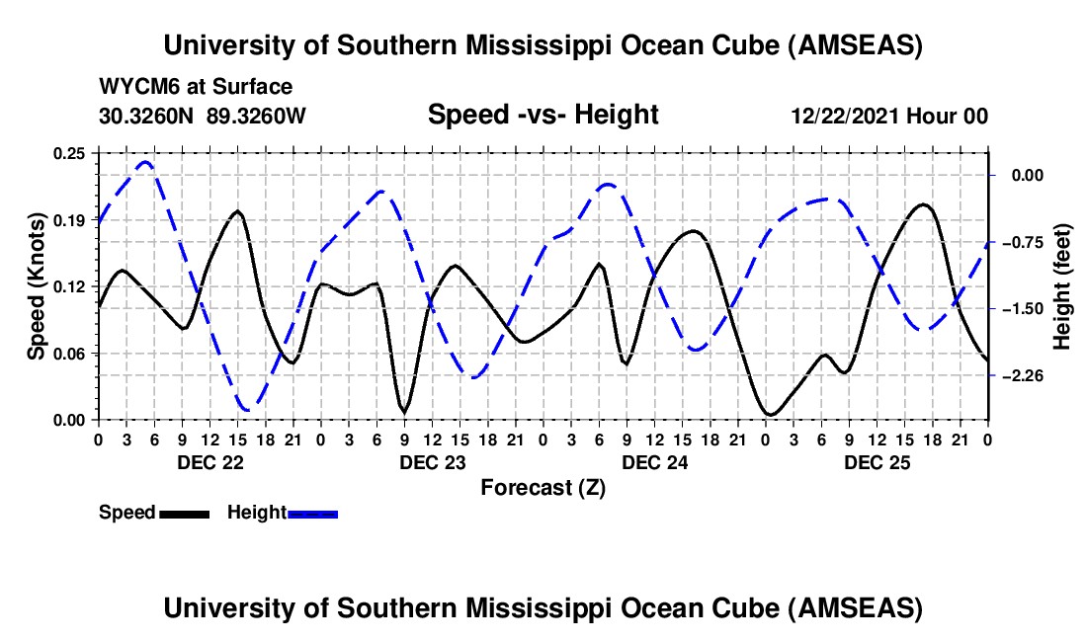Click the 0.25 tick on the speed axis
point(69,153)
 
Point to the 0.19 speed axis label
point(69,220)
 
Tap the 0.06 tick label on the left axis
point(69,354)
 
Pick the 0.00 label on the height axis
point(1025,175)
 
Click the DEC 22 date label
point(209,461)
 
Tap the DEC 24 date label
point(654,461)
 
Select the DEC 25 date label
point(877,461)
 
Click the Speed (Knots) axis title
point(36,285)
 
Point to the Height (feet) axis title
point(1062,285)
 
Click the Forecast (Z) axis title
point(543,487)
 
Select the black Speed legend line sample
point(184,514)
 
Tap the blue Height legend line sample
point(312,514)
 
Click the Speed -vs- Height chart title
point(543,115)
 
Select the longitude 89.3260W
point(257,116)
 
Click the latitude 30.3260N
point(148,116)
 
